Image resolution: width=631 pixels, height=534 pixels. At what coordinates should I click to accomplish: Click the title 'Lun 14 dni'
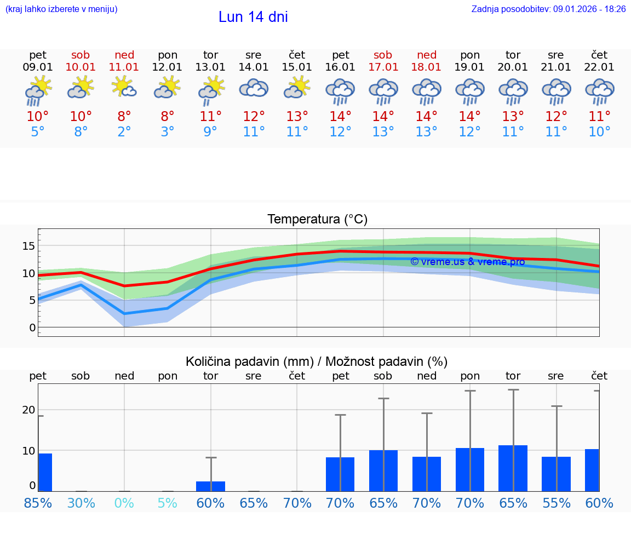click(x=253, y=17)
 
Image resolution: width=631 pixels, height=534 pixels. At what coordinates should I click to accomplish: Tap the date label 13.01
click(x=210, y=67)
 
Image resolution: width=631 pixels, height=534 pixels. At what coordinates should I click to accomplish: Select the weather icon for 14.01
click(x=254, y=89)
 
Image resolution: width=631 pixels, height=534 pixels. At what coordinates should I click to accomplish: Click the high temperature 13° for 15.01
click(x=297, y=117)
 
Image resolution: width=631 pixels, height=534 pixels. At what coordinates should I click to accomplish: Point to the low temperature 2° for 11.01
click(x=124, y=132)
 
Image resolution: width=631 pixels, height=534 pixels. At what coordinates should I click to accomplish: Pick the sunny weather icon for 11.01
click(x=124, y=88)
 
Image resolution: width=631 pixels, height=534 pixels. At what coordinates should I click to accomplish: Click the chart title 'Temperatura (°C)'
click(x=317, y=220)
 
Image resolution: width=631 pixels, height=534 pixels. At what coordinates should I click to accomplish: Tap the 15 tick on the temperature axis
click(x=28, y=246)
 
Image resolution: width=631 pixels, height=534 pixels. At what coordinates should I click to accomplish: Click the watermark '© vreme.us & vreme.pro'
click(x=467, y=262)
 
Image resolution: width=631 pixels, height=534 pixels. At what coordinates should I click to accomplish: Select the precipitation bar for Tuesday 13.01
click(x=210, y=486)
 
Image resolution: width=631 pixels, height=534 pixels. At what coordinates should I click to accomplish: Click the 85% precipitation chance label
click(x=38, y=503)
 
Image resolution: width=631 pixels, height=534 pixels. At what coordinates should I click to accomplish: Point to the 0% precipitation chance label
click(x=124, y=503)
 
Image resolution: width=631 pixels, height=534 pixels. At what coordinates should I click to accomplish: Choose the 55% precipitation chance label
click(x=557, y=503)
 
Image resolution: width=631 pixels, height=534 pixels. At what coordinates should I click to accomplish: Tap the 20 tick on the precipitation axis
click(x=28, y=410)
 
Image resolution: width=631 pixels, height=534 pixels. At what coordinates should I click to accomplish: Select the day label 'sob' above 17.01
click(x=383, y=55)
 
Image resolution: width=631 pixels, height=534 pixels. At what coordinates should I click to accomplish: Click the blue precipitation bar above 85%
click(x=45, y=472)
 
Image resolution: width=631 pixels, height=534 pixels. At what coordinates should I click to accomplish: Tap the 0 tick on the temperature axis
click(x=32, y=328)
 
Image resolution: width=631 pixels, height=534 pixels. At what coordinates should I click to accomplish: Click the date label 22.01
click(x=599, y=67)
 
